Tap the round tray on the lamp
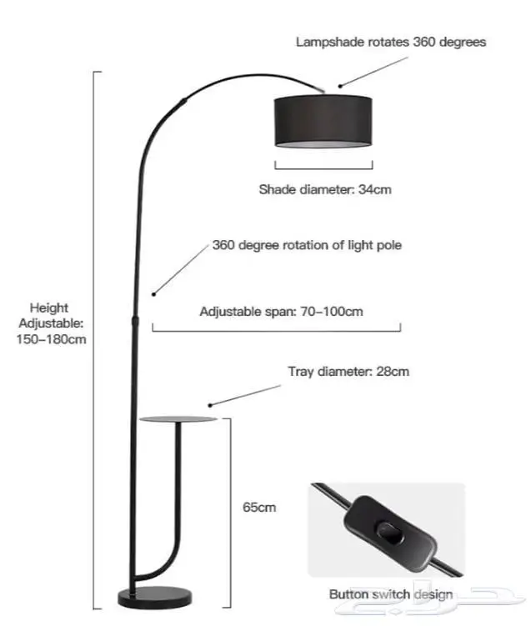177,418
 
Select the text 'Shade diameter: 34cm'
324,189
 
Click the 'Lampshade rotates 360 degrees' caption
391,41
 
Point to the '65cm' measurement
259,506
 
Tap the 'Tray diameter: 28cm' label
348,372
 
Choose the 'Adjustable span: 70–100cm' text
282,312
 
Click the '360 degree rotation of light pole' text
307,246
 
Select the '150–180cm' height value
51,338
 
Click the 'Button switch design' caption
390,594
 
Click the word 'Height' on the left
49,308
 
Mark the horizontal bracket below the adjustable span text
276,330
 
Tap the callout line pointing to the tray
245,393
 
